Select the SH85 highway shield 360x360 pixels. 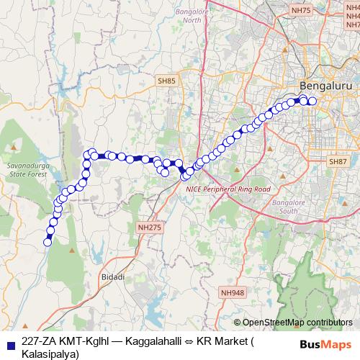tap(167, 82)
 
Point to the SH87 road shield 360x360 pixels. tap(338, 163)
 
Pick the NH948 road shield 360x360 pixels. tap(233, 292)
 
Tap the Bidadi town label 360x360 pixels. tap(114, 276)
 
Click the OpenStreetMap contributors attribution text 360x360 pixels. tap(297, 323)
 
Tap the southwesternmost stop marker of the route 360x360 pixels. tap(48, 243)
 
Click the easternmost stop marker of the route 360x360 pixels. tap(312, 101)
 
